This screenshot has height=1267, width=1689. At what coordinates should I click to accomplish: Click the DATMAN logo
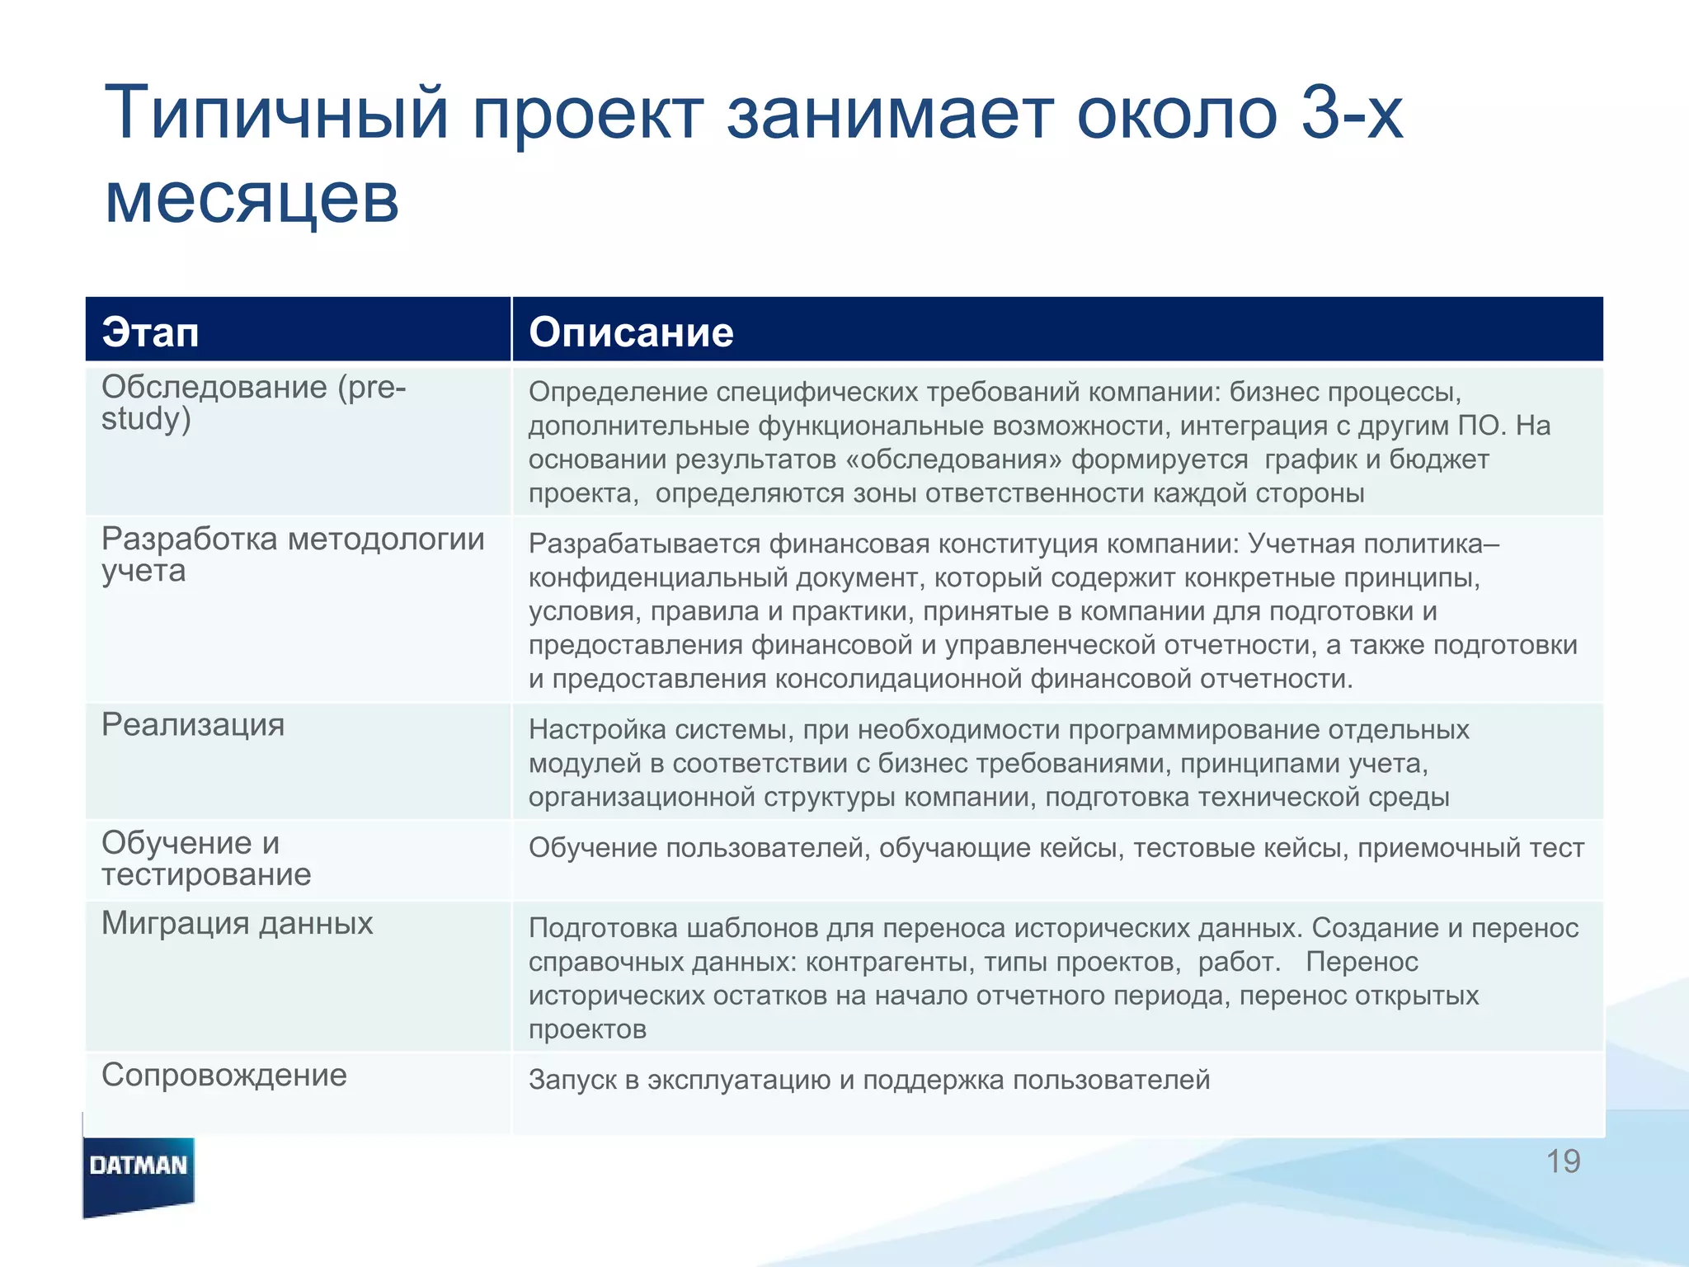click(139, 1166)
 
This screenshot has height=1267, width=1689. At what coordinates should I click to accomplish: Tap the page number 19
click(1562, 1161)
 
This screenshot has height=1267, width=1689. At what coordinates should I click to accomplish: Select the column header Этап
click(150, 332)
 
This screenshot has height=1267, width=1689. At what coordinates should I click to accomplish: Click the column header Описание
click(631, 332)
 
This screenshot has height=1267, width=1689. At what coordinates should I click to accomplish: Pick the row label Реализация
click(193, 725)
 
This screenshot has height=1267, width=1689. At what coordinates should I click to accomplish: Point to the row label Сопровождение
click(223, 1076)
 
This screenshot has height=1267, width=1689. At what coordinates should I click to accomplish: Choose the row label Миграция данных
click(237, 923)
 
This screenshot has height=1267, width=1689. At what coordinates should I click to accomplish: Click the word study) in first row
click(146, 420)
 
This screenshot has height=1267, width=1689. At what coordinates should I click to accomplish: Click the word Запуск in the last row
click(572, 1080)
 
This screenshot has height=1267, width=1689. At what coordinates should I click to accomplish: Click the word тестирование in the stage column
click(206, 875)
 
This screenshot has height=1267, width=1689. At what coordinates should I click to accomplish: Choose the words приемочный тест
click(1470, 848)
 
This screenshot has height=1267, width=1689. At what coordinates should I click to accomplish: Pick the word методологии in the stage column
click(386, 539)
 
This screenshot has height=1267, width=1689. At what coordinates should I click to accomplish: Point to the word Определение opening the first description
click(618, 392)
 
